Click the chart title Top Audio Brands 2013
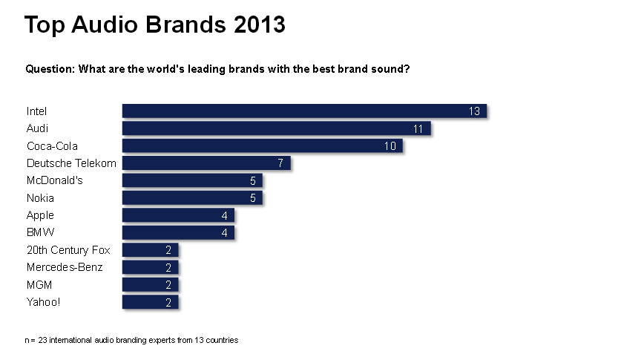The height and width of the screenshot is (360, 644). pyautogui.click(x=154, y=24)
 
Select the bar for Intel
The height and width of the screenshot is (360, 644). pyautogui.click(x=303, y=111)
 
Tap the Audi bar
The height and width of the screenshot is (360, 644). pyautogui.click(x=276, y=128)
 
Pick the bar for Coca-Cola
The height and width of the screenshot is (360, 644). pyautogui.click(x=262, y=145)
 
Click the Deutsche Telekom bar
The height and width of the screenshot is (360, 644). pyautogui.click(x=206, y=163)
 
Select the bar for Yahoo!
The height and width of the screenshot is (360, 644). pyautogui.click(x=150, y=302)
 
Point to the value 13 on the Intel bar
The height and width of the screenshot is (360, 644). pyautogui.click(x=475, y=111)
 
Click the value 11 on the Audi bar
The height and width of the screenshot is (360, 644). pyautogui.click(x=418, y=128)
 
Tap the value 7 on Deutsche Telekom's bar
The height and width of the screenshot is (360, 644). pyautogui.click(x=280, y=163)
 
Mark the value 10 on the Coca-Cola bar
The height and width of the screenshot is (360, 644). pyautogui.click(x=390, y=146)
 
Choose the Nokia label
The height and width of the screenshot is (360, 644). pyautogui.click(x=40, y=198)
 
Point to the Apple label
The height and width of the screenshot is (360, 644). pyautogui.click(x=40, y=215)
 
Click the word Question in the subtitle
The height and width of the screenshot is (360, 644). pyautogui.click(x=49, y=69)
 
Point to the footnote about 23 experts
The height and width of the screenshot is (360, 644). pyautogui.click(x=131, y=340)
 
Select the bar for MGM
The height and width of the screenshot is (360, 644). pyautogui.click(x=150, y=284)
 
